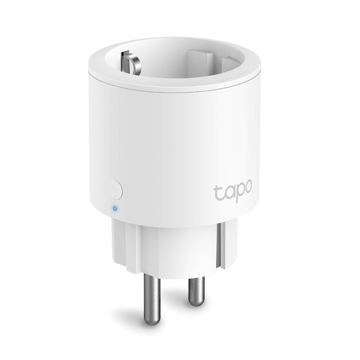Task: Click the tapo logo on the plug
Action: (233, 190)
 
